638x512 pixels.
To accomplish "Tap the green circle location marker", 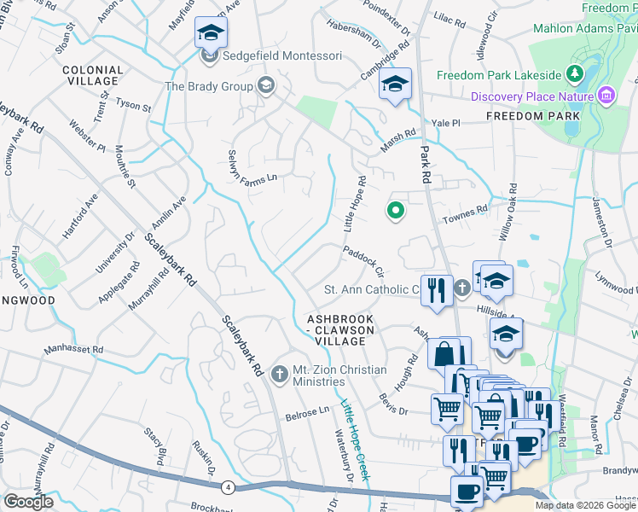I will pyautogui.click(x=395, y=209).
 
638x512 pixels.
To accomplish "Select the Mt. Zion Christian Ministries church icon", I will pyautogui.click(x=278, y=374).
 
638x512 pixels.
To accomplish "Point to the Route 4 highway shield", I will pyautogui.click(x=228, y=487).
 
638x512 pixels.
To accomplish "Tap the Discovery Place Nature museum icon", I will pyautogui.click(x=606, y=95).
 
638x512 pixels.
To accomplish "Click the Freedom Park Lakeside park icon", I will pyautogui.click(x=576, y=74).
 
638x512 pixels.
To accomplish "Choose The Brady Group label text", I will pyautogui.click(x=209, y=86).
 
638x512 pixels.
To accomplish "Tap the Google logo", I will pyautogui.click(x=29, y=502).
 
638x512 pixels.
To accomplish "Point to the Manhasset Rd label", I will pyautogui.click(x=73, y=349).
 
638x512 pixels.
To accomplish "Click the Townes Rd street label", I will pyautogui.click(x=464, y=214).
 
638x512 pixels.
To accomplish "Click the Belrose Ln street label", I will pyautogui.click(x=306, y=410).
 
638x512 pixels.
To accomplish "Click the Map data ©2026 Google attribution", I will pyautogui.click(x=585, y=505).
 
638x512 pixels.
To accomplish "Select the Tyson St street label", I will pyautogui.click(x=133, y=107).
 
